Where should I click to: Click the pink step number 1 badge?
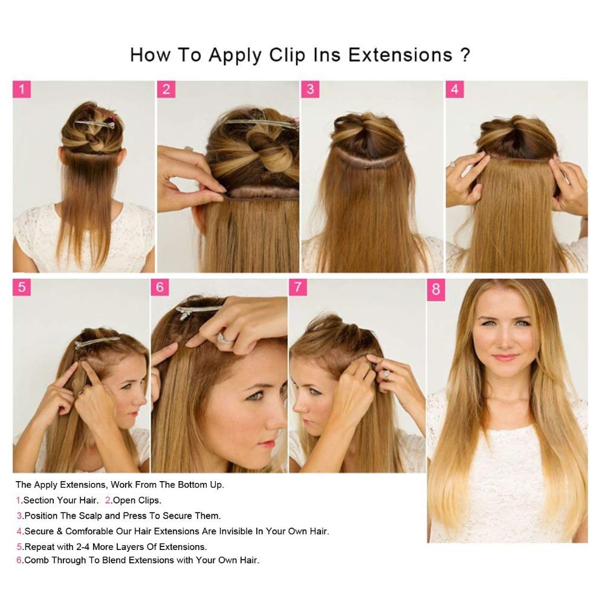coord(22,89)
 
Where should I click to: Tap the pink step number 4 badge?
coord(455,89)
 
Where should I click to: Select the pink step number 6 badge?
coord(160,288)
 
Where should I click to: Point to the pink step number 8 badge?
coord(436,290)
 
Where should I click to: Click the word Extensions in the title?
coord(400,55)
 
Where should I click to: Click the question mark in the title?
coord(465,55)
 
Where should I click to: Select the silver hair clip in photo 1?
coord(95,124)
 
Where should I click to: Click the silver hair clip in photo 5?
coord(97,342)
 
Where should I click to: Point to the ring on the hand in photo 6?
coord(225,339)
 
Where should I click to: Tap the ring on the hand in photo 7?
coord(386,374)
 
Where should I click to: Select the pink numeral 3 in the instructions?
coord(19,516)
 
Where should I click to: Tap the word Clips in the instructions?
coord(148,500)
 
